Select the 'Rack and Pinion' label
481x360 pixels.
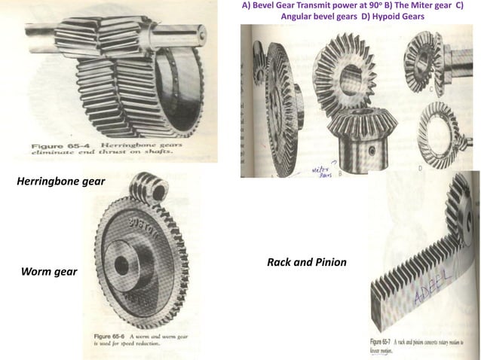tap(307, 262)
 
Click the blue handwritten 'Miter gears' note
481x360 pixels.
tap(322, 172)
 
